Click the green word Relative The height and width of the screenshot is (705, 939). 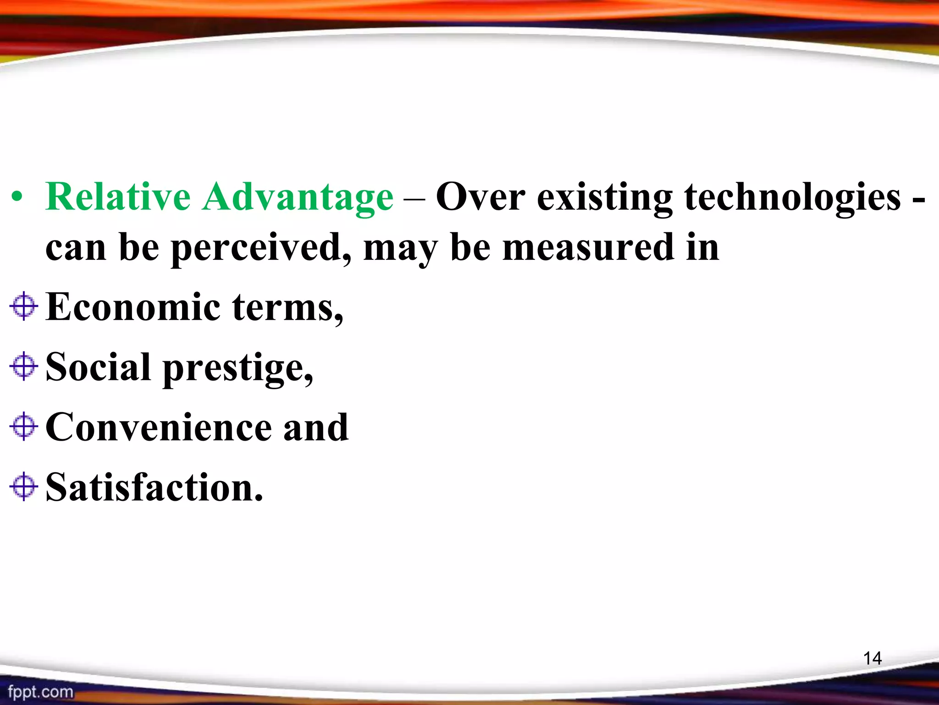[x=118, y=197]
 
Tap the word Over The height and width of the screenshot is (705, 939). [x=481, y=197]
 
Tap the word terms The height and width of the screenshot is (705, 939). [x=287, y=308]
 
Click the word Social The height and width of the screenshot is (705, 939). [x=98, y=367]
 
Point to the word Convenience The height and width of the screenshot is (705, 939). [x=158, y=427]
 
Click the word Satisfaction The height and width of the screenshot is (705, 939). [x=154, y=487]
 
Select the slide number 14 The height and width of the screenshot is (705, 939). [x=872, y=658]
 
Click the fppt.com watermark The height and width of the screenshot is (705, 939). [x=40, y=692]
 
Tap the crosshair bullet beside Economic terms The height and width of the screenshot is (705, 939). [x=23, y=306]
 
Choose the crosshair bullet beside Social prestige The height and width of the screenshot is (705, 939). [x=23, y=366]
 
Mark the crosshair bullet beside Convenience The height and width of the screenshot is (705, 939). [x=23, y=426]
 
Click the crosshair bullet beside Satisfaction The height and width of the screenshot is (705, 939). [x=23, y=487]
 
